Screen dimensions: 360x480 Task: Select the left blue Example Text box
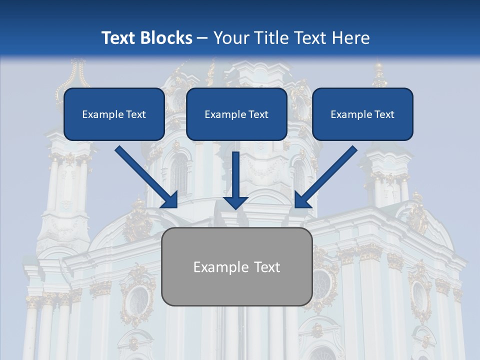pyautogui.click(x=114, y=126)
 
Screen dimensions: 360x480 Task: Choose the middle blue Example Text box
pyautogui.click(x=236, y=126)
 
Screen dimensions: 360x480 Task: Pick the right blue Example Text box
pyautogui.click(x=362, y=126)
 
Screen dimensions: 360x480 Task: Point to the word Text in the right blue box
pyautogui.click(x=384, y=114)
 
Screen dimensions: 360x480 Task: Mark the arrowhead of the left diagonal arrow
pyautogui.click(x=170, y=200)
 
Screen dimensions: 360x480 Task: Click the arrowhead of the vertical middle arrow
pyautogui.click(x=235, y=202)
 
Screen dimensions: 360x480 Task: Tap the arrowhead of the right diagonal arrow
pyautogui.click(x=302, y=200)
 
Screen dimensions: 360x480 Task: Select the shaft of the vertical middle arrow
pyautogui.click(x=235, y=172)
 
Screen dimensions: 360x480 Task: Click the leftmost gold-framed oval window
pyautogui.click(x=137, y=300)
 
